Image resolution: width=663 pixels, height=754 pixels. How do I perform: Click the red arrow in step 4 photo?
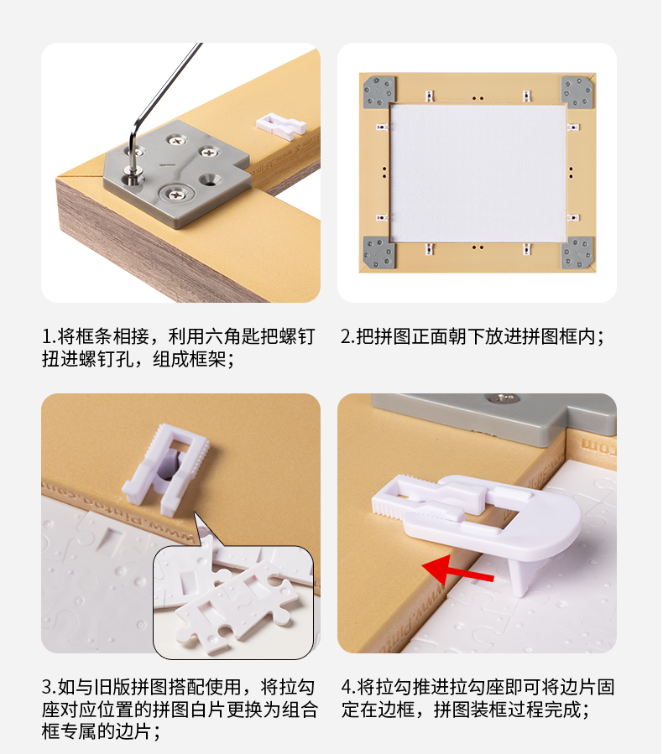(457, 570)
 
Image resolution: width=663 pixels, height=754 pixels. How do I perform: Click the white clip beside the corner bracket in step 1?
(281, 126)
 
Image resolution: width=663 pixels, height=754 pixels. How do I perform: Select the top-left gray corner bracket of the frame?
(379, 91)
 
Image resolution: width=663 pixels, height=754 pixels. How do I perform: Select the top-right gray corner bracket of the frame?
(577, 91)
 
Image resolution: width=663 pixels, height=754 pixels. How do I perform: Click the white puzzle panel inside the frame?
(478, 173)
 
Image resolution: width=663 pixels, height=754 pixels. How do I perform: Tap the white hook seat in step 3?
(166, 469)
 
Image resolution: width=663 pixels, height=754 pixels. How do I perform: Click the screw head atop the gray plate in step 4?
(504, 398)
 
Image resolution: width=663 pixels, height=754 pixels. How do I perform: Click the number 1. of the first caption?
(50, 336)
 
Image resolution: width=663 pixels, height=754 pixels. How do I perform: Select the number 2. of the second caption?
(348, 336)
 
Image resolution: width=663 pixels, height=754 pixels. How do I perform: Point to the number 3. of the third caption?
(50, 687)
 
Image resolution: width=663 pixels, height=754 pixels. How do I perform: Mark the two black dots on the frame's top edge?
(478, 99)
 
